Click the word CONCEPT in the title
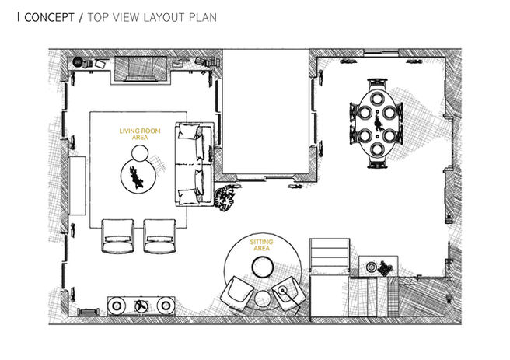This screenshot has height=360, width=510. point(50,16)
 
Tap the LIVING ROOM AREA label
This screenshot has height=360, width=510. point(140,135)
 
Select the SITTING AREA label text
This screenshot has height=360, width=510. point(262,246)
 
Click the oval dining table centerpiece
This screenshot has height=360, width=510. point(379,123)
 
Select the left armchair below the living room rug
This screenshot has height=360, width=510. point(117,235)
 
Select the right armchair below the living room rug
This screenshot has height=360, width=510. point(160,235)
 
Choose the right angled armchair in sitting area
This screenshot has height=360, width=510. point(289,293)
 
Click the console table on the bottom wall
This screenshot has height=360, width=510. point(141,306)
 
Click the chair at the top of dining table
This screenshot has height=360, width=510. point(379,85)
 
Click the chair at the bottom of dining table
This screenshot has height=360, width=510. point(379,161)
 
